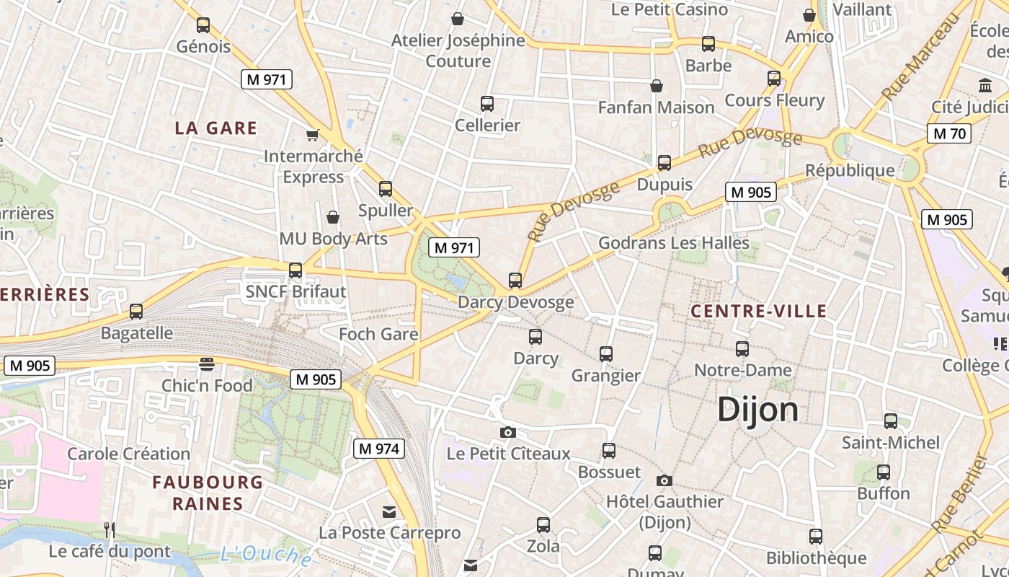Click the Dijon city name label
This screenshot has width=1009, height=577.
click(757, 410)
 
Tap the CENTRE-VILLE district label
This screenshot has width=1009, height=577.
click(758, 312)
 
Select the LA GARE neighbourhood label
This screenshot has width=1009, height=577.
click(215, 128)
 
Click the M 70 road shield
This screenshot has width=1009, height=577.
click(948, 133)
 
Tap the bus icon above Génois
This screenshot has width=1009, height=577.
click(203, 25)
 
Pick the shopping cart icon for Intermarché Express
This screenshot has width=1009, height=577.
click(313, 135)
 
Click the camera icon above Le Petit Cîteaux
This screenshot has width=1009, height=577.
click(508, 432)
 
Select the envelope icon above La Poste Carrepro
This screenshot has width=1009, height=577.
click(389, 512)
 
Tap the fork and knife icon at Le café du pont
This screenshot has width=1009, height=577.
click(110, 530)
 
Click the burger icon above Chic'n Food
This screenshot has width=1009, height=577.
click(207, 364)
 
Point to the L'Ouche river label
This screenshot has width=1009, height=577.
click(265, 555)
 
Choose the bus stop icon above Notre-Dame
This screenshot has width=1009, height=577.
click(742, 349)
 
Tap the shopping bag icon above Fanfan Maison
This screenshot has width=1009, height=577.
click(657, 87)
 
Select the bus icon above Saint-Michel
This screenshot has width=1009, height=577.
click(891, 421)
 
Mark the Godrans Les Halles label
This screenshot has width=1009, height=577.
click(673, 243)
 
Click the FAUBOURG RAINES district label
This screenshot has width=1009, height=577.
click(208, 493)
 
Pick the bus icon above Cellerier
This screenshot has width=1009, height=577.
click(487, 104)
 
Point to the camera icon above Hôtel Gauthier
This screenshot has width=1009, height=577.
click(664, 480)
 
